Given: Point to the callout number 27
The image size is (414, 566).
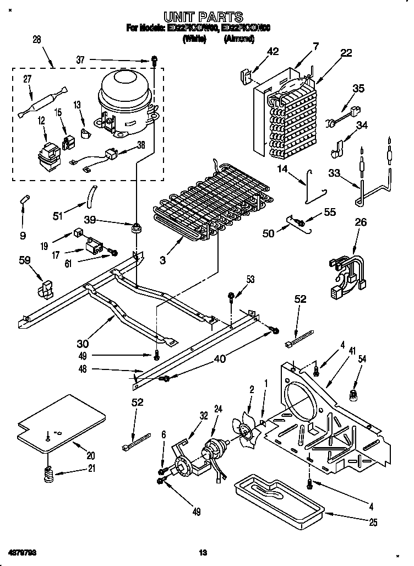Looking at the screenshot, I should [27, 79].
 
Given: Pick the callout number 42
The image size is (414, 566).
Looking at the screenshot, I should [273, 52].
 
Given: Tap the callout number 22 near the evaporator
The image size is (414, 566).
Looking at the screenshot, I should [346, 52].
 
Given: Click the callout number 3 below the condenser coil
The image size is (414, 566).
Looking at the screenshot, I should [162, 260].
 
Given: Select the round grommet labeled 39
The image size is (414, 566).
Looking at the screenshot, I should [135, 226].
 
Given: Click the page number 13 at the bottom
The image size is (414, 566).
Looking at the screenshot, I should [203, 552].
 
